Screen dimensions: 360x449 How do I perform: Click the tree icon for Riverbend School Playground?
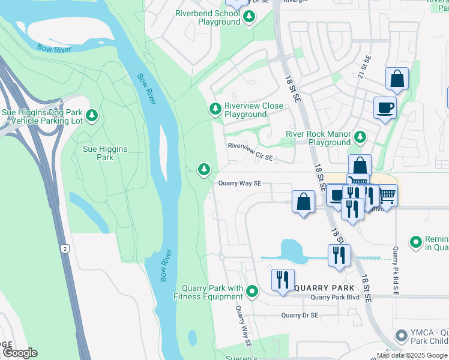249,17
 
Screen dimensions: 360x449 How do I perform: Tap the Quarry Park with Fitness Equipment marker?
252,292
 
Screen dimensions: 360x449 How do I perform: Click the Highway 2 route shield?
64,248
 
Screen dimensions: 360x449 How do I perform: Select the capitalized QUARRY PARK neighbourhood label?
321,287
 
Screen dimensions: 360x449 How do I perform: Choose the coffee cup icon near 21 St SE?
385,108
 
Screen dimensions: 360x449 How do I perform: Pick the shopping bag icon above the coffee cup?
397,78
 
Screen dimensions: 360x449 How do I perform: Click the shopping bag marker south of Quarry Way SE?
304,201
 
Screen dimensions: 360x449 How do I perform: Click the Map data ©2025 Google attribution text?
412,355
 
